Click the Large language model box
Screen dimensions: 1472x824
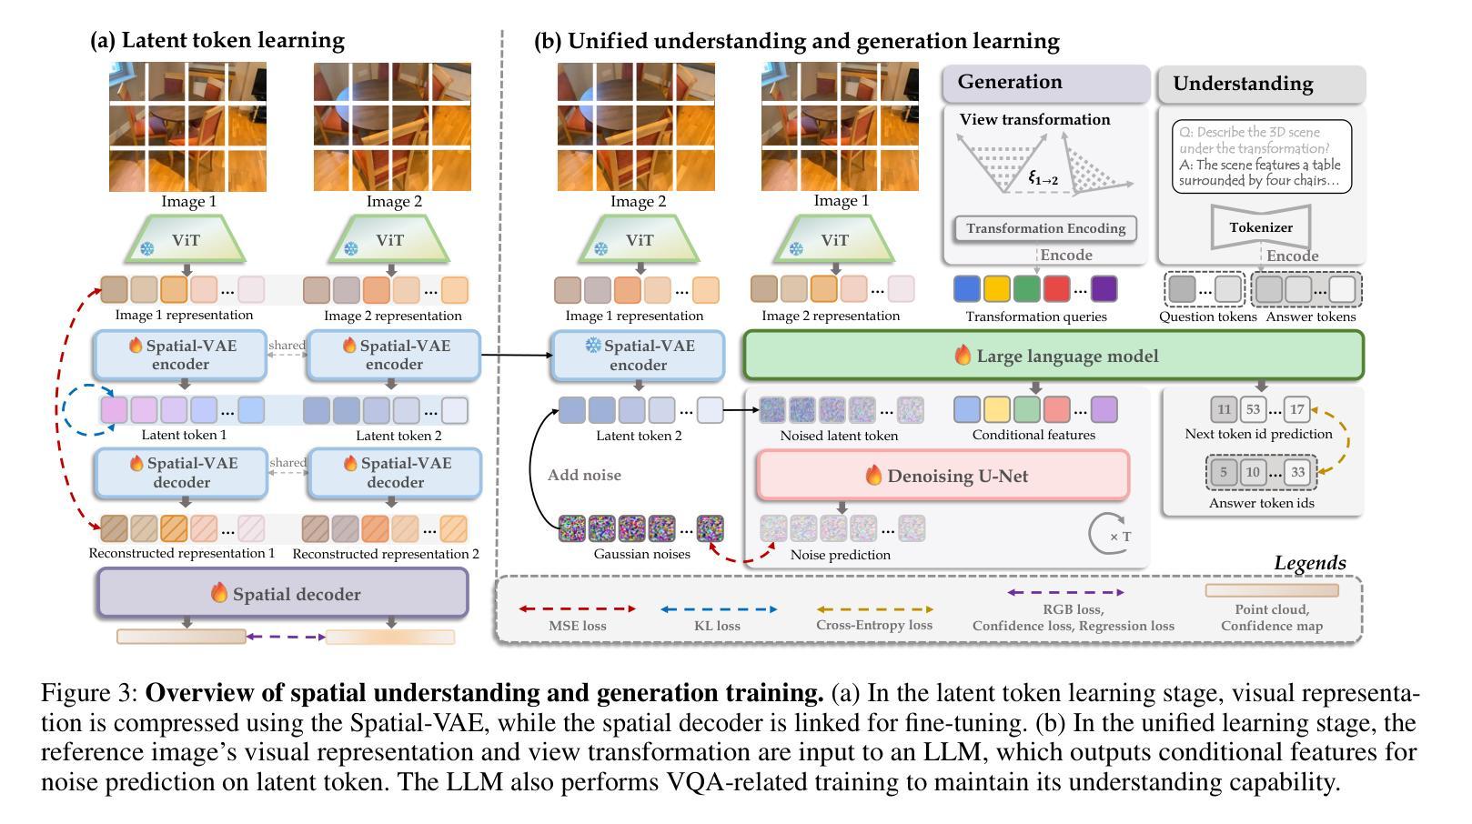(1054, 356)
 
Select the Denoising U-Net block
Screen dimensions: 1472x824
(943, 475)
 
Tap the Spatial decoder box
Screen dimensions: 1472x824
(283, 593)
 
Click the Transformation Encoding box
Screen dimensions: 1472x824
(1044, 228)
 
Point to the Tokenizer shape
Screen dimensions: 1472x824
(1260, 227)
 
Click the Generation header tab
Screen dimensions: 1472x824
(1045, 83)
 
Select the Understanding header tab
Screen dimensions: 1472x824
(1261, 84)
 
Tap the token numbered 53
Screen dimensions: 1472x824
(1253, 409)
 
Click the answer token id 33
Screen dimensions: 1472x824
(1297, 472)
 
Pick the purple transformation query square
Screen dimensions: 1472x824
(1104, 288)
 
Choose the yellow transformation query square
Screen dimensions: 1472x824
(996, 288)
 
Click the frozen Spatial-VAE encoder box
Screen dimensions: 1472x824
(638, 356)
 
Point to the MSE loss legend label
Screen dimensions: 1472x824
(577, 626)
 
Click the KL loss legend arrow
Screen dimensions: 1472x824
(718, 609)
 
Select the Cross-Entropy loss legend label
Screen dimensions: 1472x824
(874, 625)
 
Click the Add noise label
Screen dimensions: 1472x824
(584, 475)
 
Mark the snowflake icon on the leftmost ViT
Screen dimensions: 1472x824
(147, 248)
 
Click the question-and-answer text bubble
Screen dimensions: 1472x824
(1261, 156)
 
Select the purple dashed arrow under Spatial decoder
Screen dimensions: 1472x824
(286, 636)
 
